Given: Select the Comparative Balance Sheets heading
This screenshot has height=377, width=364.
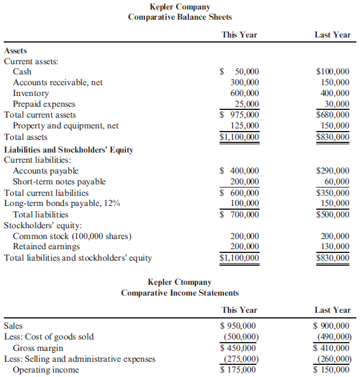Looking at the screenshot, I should coord(180,17).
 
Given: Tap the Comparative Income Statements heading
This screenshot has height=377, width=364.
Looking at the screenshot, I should coord(180,292).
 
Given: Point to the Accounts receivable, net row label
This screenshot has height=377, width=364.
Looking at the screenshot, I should coord(58,83).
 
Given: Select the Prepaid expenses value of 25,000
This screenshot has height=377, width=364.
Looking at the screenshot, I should coord(246,104).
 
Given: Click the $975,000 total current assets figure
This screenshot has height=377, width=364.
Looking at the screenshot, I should coord(239,115).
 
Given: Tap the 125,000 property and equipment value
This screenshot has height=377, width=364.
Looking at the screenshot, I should coord(244,126).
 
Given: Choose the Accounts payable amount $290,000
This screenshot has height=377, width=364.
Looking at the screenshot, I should coord(333,171).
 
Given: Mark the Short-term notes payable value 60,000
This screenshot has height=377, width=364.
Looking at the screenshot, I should coord(337,182).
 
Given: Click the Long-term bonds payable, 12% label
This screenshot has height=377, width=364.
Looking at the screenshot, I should coord(62,203).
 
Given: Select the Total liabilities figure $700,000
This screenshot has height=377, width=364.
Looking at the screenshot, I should coord(239,214).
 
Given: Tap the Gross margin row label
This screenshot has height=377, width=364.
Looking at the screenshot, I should coord(38,348).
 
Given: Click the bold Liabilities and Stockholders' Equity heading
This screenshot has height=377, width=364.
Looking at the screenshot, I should coord(69,149).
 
